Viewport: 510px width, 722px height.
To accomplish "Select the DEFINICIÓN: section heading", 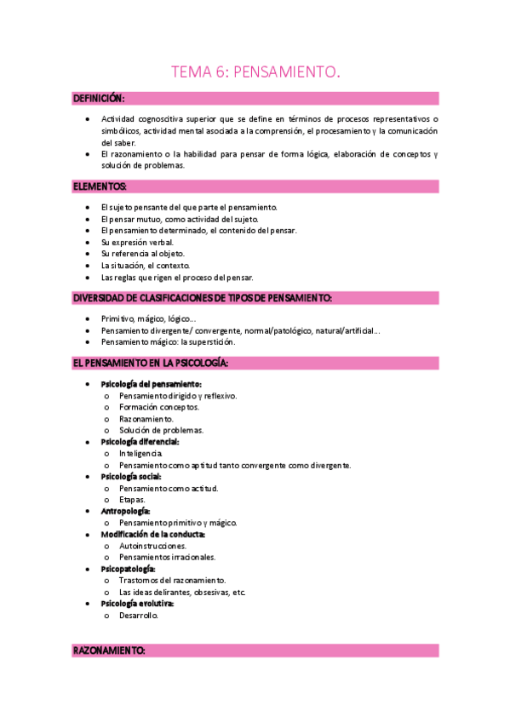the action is pos(99,99).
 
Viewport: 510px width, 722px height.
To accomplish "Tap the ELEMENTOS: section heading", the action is pos(100,186).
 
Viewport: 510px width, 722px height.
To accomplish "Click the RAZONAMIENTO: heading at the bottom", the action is pos(109,650).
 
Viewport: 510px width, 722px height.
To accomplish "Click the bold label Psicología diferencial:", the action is pos(140,442).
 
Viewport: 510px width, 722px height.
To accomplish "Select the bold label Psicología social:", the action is pos(131,477).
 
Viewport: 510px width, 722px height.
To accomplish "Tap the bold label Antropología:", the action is pos(125,511).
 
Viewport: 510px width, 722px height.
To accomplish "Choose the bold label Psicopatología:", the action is pos(128,569).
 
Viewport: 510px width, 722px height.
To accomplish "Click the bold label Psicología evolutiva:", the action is pos(137,604).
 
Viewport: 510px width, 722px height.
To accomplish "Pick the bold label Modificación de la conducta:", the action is pos(152,534).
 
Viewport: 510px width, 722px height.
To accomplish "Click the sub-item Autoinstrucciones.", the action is pos(152,546).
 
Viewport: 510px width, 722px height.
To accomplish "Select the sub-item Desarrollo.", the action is pos(139,616).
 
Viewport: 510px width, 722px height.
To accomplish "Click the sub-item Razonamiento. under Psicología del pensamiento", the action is pos(146,419).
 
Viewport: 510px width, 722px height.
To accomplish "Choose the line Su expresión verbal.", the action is pos(137,243).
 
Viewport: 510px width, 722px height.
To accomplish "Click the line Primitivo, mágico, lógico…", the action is pos(148,318).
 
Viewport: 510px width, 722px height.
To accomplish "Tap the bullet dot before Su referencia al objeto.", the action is pos(89,254).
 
